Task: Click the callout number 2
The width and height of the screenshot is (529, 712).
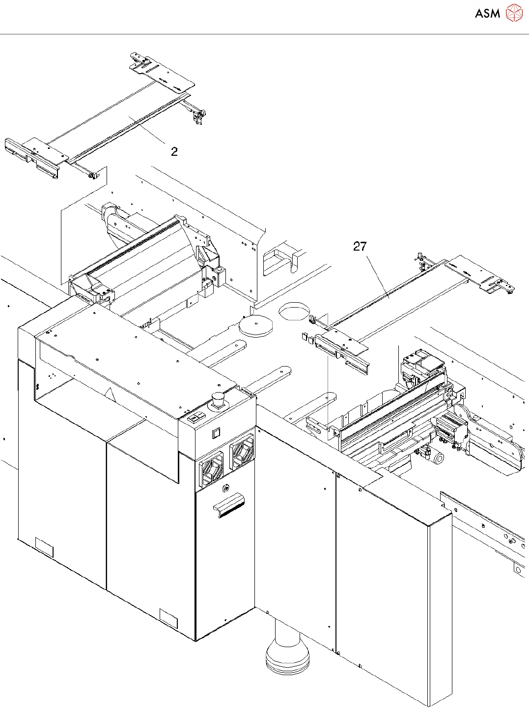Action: (x=174, y=152)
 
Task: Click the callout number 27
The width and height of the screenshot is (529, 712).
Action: (x=360, y=246)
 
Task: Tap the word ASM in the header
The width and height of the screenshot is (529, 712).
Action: (x=487, y=14)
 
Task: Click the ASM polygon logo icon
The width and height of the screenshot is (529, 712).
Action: (x=514, y=13)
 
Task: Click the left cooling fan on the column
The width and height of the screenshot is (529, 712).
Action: (x=211, y=470)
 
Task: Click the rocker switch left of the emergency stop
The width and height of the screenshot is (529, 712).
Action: (x=195, y=418)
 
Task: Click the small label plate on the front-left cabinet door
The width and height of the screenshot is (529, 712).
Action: (x=44, y=547)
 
